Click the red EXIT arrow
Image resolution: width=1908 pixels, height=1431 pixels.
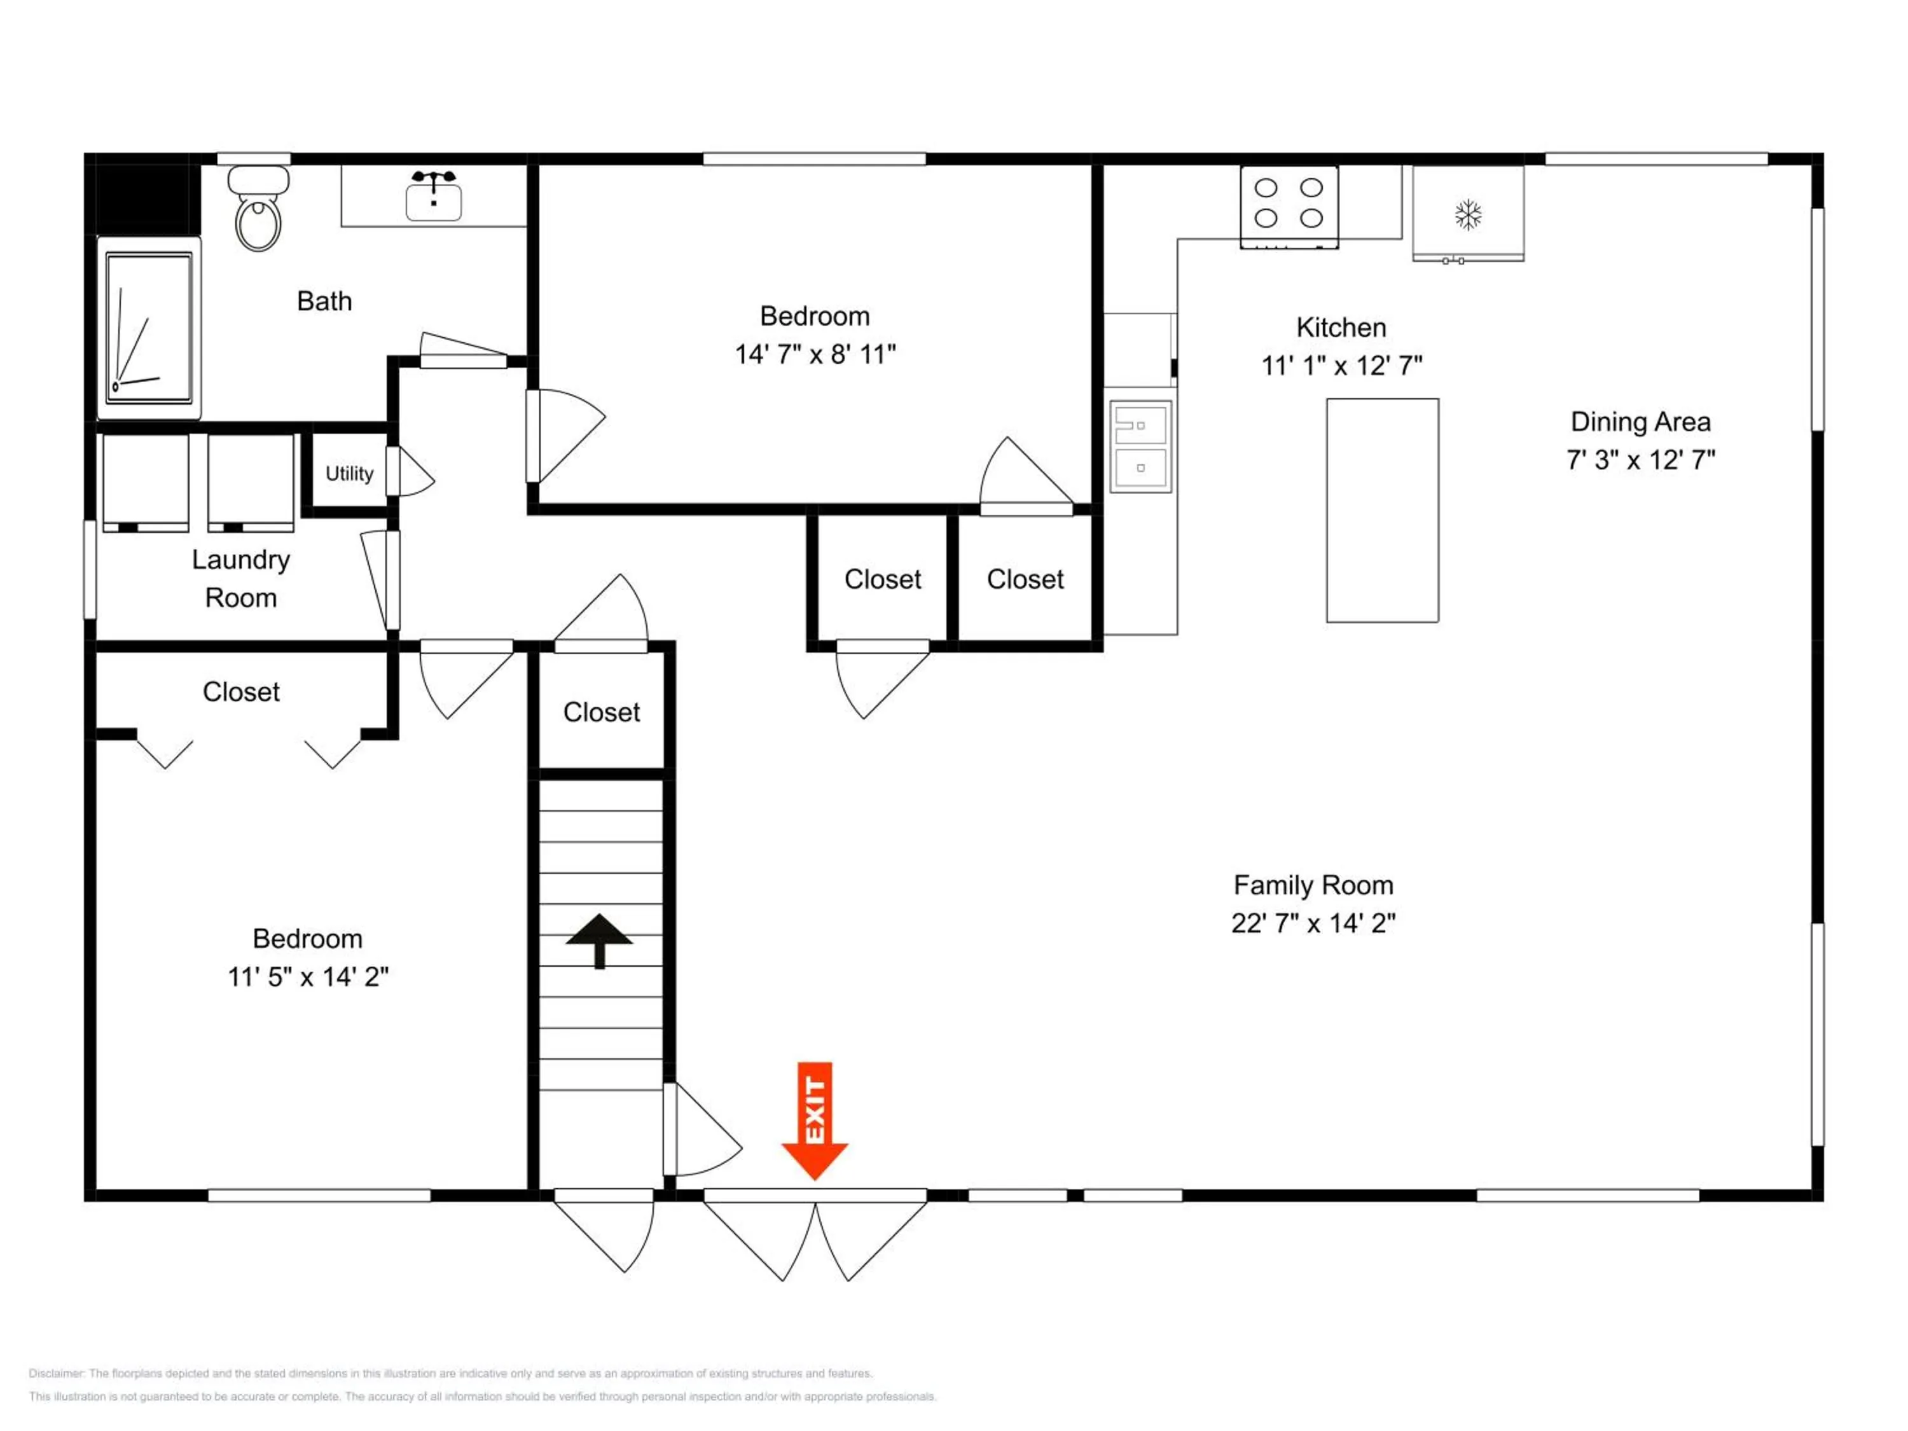pyautogui.click(x=814, y=1121)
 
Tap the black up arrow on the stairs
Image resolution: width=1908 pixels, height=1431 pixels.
pyautogui.click(x=600, y=941)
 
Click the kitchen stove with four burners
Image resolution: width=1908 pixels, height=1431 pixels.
pyautogui.click(x=1289, y=207)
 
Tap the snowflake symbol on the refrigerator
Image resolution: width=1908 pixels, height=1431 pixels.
pyautogui.click(x=1468, y=215)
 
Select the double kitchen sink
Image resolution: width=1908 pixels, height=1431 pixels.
pyautogui.click(x=1140, y=447)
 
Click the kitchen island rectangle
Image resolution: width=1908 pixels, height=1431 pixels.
pyautogui.click(x=1382, y=510)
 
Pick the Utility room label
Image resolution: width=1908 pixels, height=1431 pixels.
pyautogui.click(x=349, y=474)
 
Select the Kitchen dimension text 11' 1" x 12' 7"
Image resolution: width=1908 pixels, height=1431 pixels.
pyautogui.click(x=1341, y=366)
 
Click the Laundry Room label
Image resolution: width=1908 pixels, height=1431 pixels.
pyautogui.click(x=240, y=579)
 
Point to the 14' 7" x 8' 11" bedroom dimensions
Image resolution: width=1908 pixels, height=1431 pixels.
pyautogui.click(x=815, y=354)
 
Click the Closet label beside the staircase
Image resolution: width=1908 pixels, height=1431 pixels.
pyautogui.click(x=601, y=712)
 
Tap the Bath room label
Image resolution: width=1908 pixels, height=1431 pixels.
pyautogui.click(x=324, y=301)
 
